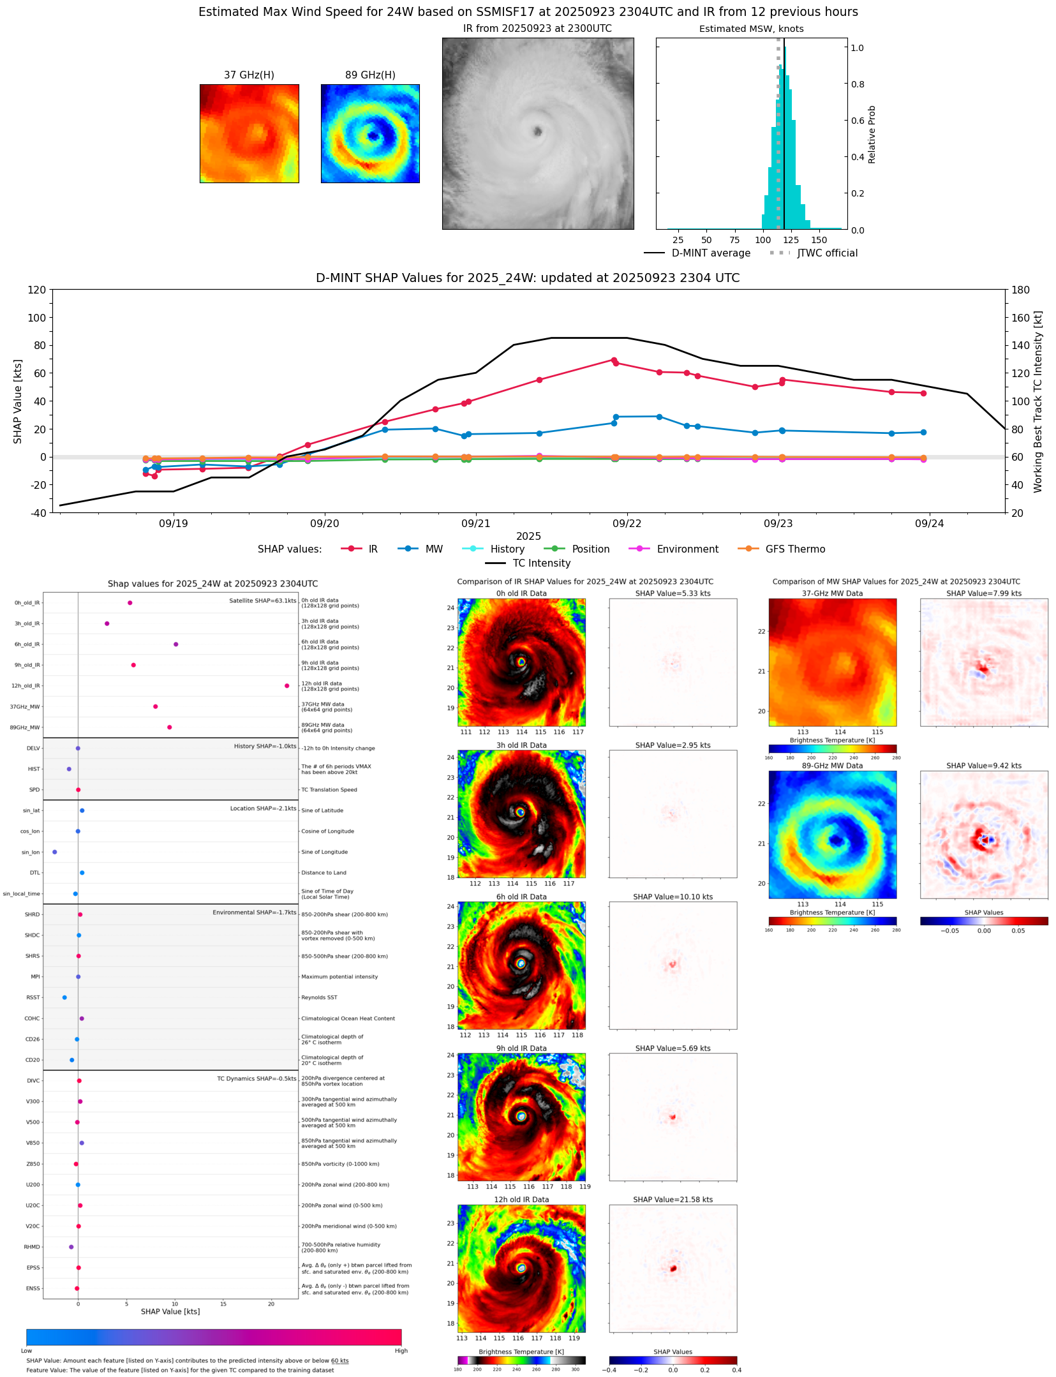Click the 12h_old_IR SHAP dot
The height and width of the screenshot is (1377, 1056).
click(286, 686)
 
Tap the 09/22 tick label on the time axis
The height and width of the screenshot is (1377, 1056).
click(627, 524)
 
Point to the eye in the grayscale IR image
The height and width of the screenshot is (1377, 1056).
click(538, 131)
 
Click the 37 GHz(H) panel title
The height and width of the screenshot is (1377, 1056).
click(249, 75)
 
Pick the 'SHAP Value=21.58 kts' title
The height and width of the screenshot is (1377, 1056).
click(673, 1200)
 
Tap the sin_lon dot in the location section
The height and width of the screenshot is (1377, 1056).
click(55, 852)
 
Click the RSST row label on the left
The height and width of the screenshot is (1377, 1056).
click(33, 997)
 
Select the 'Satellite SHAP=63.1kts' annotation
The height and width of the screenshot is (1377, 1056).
click(262, 601)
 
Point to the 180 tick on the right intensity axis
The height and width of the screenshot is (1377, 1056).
click(1020, 290)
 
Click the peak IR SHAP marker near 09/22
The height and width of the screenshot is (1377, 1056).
click(614, 361)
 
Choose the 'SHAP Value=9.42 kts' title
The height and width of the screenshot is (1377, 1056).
click(983, 766)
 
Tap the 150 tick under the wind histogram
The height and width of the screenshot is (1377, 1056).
click(819, 241)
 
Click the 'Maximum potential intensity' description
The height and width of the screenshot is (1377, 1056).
click(339, 977)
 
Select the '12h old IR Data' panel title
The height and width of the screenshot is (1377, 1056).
click(521, 1200)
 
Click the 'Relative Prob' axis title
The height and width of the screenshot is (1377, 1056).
click(872, 135)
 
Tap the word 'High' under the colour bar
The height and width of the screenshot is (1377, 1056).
click(401, 1350)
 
